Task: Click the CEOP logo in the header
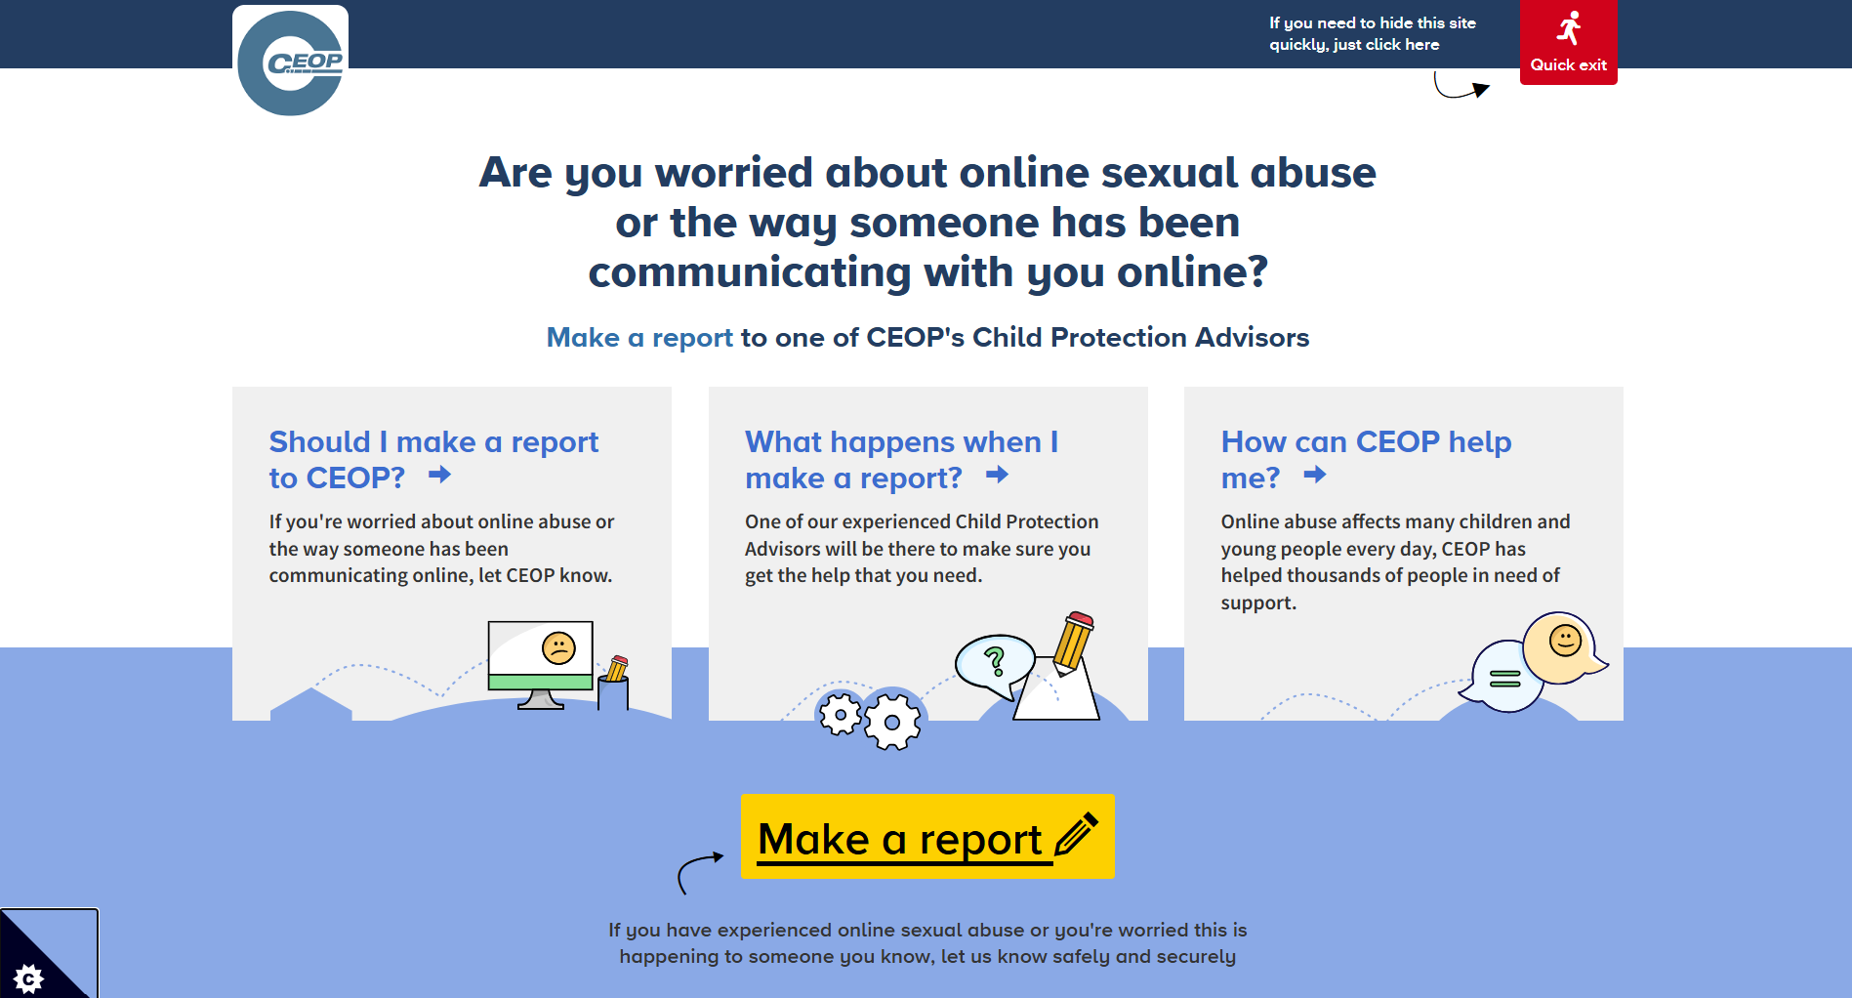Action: pyautogui.click(x=290, y=62)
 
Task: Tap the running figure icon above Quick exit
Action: pyautogui.click(x=1569, y=28)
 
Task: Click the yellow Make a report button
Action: pyautogui.click(x=927, y=836)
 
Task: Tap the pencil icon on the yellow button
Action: pyautogui.click(x=1077, y=834)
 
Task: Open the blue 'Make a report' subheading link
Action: pyautogui.click(x=639, y=338)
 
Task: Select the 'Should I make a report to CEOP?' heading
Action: pyautogui.click(x=433, y=459)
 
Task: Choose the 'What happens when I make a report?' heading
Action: pyautogui.click(x=901, y=459)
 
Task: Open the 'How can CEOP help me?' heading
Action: pyautogui.click(x=1366, y=459)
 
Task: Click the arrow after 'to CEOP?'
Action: pyautogui.click(x=440, y=475)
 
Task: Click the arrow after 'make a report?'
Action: pyautogui.click(x=997, y=475)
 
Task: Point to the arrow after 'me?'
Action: pyautogui.click(x=1315, y=475)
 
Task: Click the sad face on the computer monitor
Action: pyautogui.click(x=558, y=647)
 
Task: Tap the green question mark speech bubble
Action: pyautogui.click(x=994, y=664)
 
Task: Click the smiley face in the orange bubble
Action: pyautogui.click(x=1565, y=641)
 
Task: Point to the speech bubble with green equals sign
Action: pyautogui.click(x=1503, y=677)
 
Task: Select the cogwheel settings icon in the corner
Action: pyautogui.click(x=29, y=977)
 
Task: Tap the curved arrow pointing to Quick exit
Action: pyautogui.click(x=1459, y=89)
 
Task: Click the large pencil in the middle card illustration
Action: pyautogui.click(x=1073, y=642)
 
